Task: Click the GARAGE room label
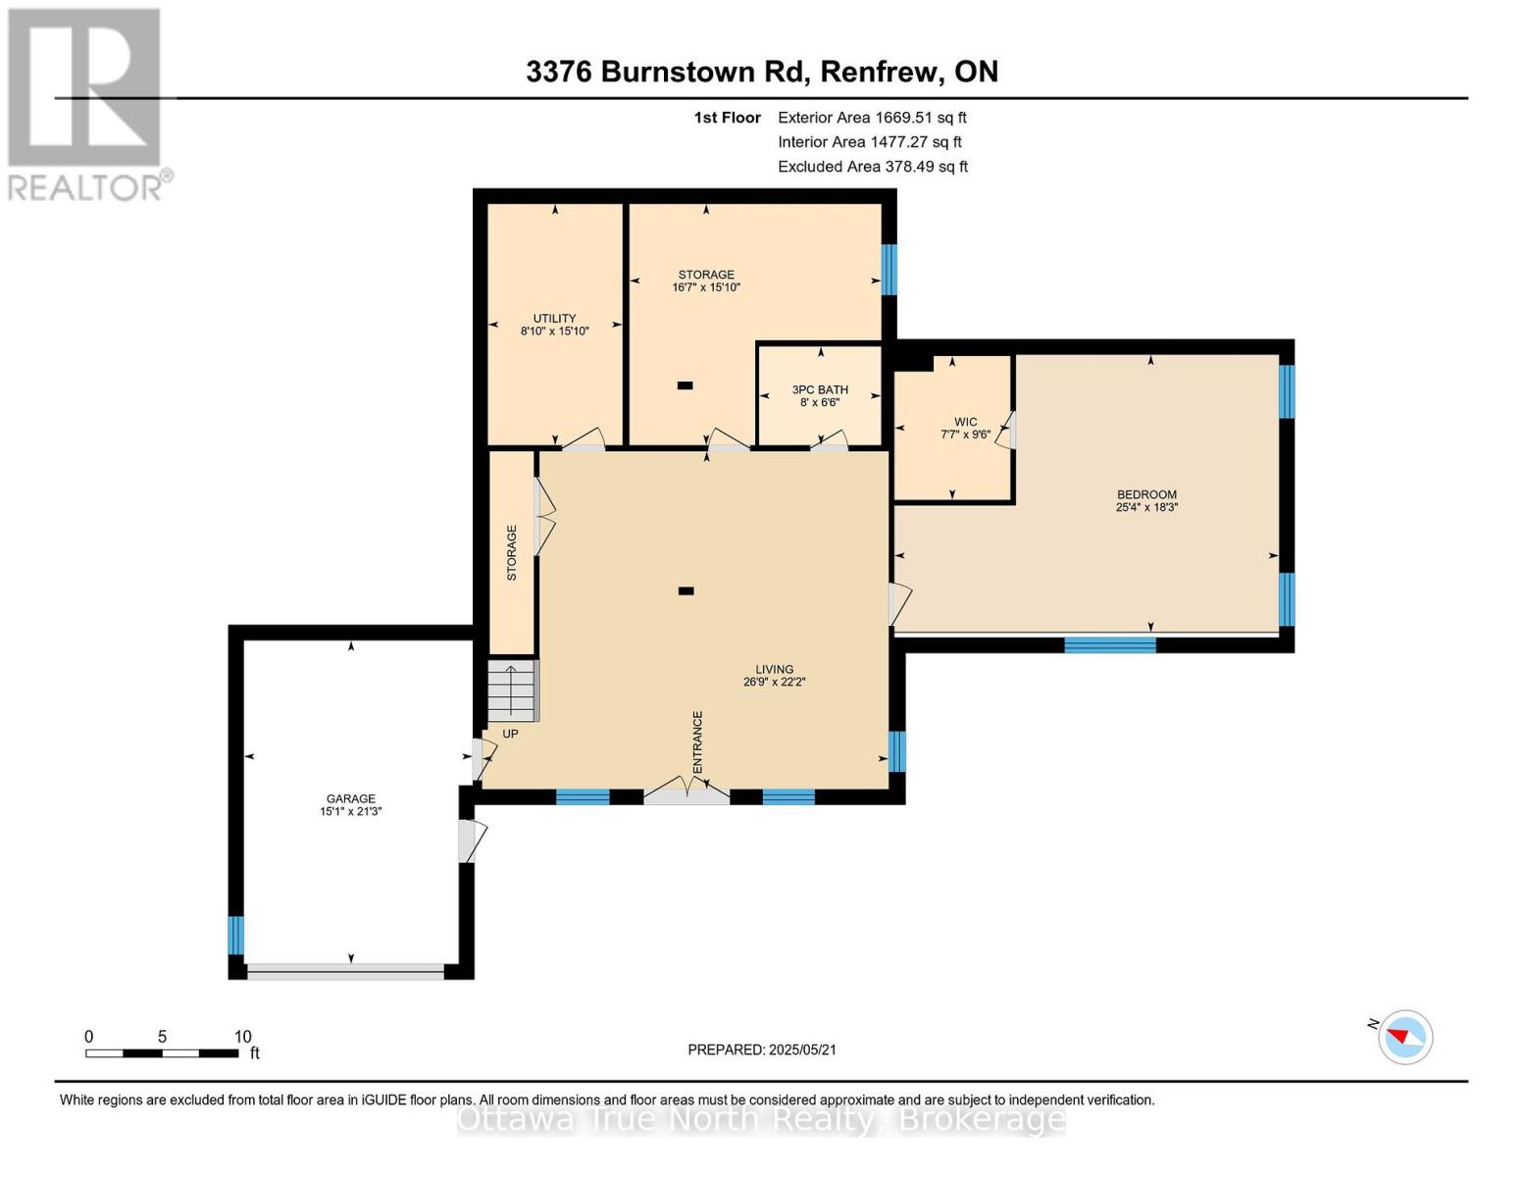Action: point(350,798)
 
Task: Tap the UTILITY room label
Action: point(554,318)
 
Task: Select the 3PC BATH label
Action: point(820,389)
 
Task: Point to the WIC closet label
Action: point(965,422)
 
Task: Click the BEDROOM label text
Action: point(1146,494)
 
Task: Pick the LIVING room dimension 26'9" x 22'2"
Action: point(775,682)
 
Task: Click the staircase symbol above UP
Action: point(512,691)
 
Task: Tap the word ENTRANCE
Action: point(697,742)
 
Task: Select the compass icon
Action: point(1405,1037)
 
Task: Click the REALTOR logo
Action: point(85,105)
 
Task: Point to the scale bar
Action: point(162,1052)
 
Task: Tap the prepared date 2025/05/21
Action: point(802,1049)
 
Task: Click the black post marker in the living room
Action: point(686,591)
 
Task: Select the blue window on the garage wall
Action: point(236,935)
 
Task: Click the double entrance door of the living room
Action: point(686,790)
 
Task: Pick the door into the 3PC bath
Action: point(830,440)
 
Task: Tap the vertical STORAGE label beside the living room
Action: point(512,553)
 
